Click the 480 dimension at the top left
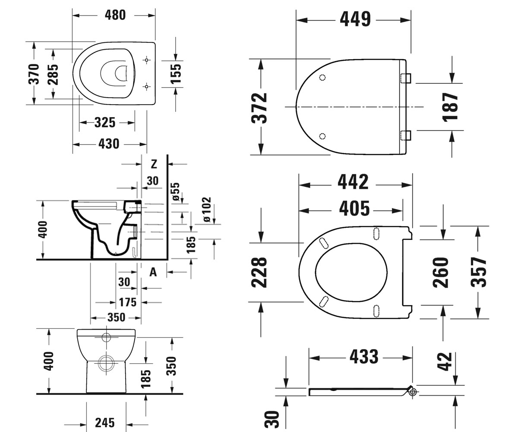point(115,15)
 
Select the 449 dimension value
point(355,19)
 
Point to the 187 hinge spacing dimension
point(450,107)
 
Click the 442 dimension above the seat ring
point(353,182)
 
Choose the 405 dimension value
point(354,208)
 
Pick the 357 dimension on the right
point(479,272)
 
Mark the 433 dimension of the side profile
point(364,356)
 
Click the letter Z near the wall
point(154,164)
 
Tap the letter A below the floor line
point(153,272)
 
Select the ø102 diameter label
point(207,209)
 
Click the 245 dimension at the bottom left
point(105,422)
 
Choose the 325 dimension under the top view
point(105,122)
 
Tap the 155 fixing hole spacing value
point(176,74)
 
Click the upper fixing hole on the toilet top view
point(146,60)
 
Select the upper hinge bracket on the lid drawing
point(406,78)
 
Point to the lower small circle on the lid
point(322,137)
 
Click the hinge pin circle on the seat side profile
point(413,392)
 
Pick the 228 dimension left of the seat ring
point(259,272)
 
